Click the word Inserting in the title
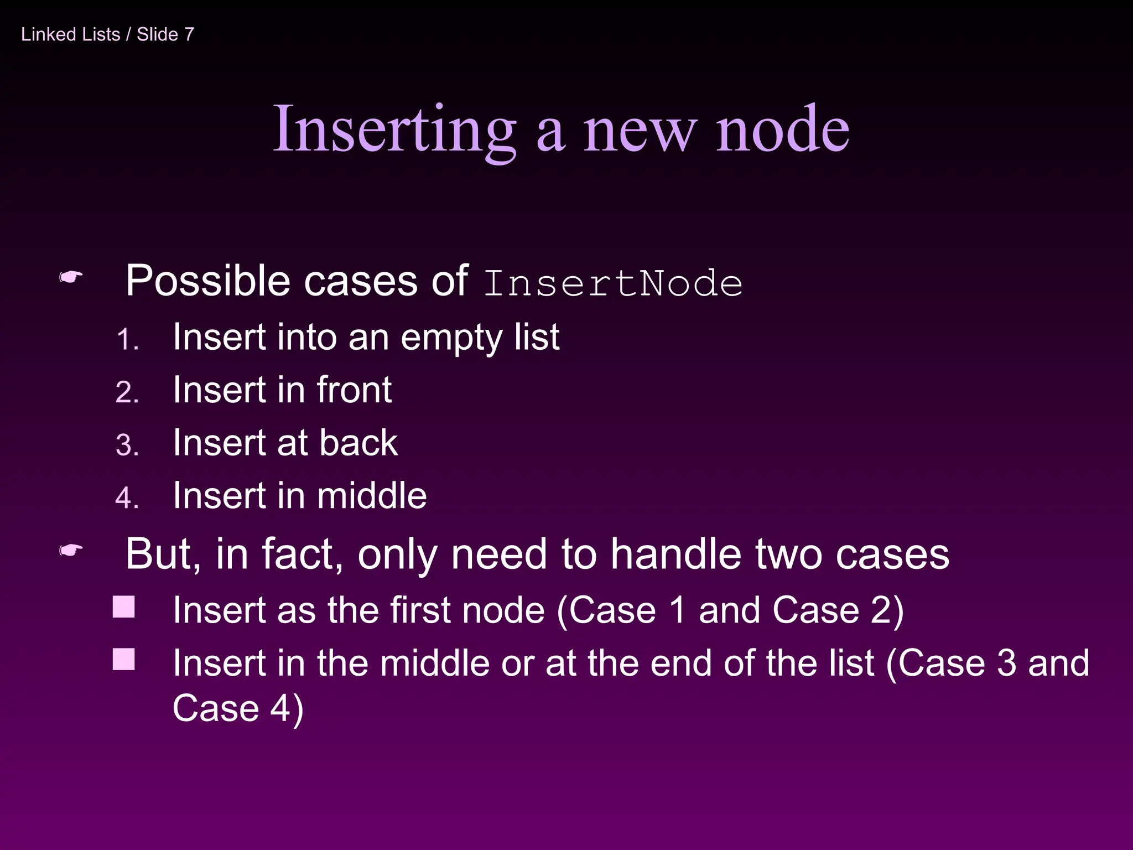coord(394,130)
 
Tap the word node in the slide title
coord(782,130)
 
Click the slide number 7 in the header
coord(189,34)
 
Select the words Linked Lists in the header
coord(70,34)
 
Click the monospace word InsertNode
coord(612,283)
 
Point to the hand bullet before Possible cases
coord(71,277)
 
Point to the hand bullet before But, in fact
coord(71,550)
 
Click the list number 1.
coord(127,339)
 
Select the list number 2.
coord(127,392)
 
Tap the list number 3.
coord(127,445)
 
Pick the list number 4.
coord(127,497)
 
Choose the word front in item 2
coord(354,390)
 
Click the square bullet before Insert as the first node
coord(124,607)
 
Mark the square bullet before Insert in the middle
coord(124,659)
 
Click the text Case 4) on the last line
coord(238,708)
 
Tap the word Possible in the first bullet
coord(207,281)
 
